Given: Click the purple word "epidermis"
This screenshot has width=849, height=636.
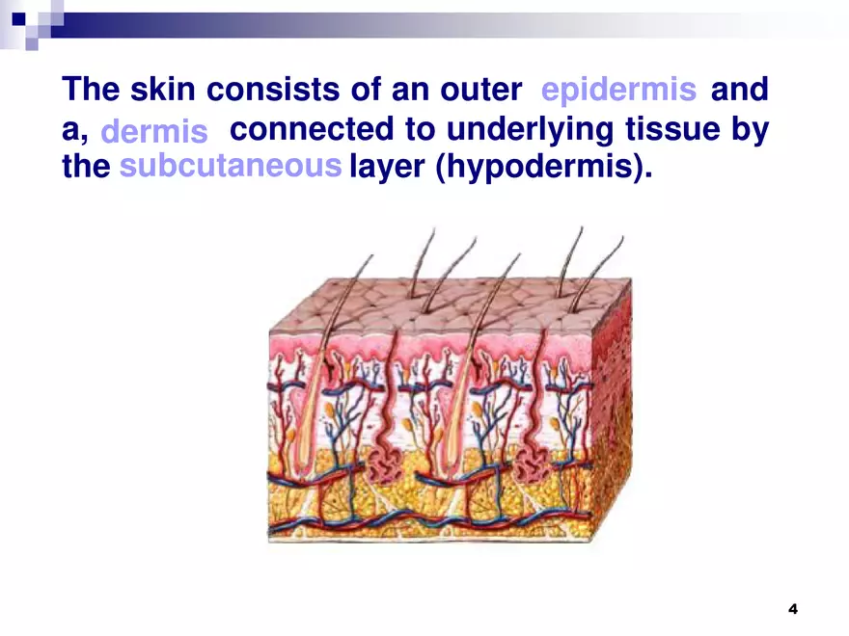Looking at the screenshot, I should tap(618, 91).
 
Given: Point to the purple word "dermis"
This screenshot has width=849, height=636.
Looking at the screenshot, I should tap(154, 131).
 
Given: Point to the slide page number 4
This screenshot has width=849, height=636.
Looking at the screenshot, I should tap(793, 608).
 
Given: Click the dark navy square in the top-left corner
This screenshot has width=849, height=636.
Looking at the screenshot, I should tap(18, 17).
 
